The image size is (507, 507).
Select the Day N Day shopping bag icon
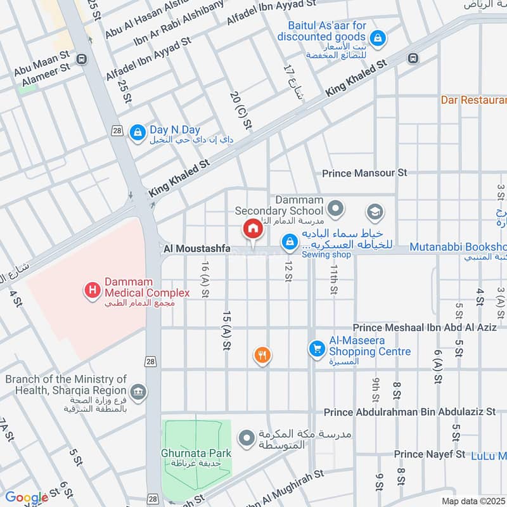(x=136, y=132)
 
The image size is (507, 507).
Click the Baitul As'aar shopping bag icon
(x=378, y=39)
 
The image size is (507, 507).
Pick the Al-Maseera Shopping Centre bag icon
(x=316, y=349)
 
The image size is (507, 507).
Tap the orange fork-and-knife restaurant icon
(x=262, y=356)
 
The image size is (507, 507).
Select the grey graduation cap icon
(x=375, y=212)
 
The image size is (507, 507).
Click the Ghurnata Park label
(x=196, y=454)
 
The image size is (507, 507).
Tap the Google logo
(x=27, y=497)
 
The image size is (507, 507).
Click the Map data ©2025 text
(x=473, y=501)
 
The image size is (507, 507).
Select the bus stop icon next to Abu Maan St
(x=81, y=59)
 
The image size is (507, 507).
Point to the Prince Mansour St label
(x=364, y=172)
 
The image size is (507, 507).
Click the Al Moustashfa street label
(x=196, y=249)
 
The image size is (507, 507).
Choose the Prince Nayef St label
(x=429, y=454)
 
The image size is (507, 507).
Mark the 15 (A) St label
(x=226, y=330)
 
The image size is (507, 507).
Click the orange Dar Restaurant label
(x=474, y=100)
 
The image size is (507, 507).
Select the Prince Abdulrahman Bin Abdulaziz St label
(x=409, y=412)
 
